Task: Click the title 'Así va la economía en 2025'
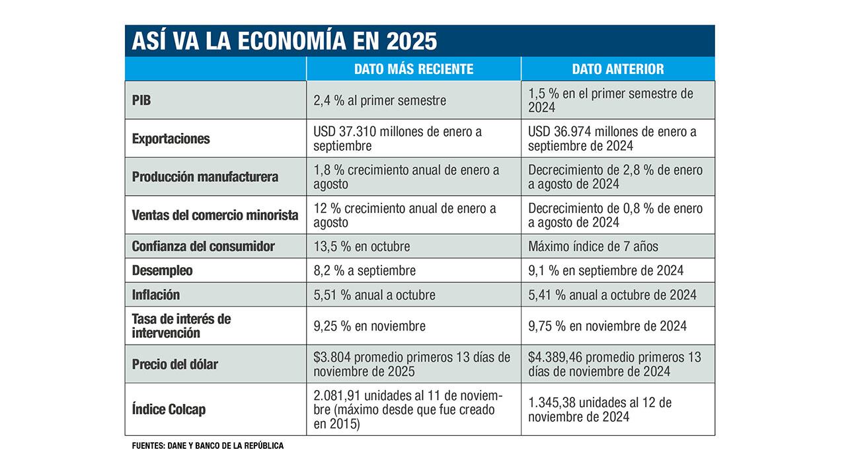tap(284, 41)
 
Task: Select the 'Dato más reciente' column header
tap(414, 69)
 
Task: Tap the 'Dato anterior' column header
tap(618, 69)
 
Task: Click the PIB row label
tap(143, 100)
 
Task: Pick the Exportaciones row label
tap(171, 139)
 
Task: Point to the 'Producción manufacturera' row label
tap(205, 177)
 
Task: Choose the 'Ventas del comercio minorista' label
tap(215, 215)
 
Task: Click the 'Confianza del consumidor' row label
tap(203, 247)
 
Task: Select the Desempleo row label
tap(163, 270)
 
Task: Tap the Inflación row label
tap(156, 294)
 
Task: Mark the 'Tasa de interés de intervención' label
tap(182, 326)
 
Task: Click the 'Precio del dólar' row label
tap(175, 364)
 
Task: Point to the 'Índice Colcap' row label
tap(169, 410)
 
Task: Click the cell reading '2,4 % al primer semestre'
tap(380, 100)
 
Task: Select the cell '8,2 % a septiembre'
tap(365, 270)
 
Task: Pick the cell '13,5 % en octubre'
tap(362, 247)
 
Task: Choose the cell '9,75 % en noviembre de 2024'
tap(607, 326)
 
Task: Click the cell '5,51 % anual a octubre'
tap(375, 294)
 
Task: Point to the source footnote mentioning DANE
tap(208, 446)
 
